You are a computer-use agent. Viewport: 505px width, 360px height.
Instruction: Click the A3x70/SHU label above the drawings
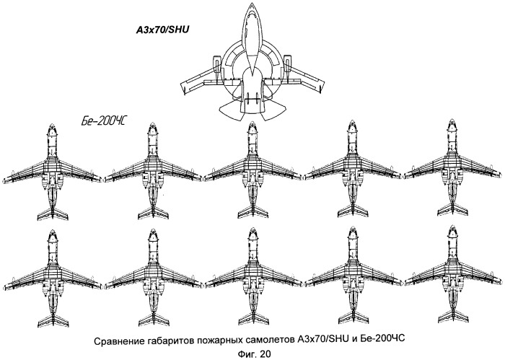162,30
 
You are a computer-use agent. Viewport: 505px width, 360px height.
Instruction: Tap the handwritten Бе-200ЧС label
103,121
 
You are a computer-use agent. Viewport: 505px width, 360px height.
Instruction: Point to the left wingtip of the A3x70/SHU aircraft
183,88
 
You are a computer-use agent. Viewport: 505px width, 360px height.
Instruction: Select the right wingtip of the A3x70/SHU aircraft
322,87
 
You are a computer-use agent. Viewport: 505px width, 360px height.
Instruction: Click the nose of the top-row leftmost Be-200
52,126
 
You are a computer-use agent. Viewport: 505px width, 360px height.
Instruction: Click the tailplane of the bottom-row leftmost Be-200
53,320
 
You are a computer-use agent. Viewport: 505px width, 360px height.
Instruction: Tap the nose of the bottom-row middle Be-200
253,231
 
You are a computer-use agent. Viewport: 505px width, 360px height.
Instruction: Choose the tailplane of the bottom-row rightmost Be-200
453,317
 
